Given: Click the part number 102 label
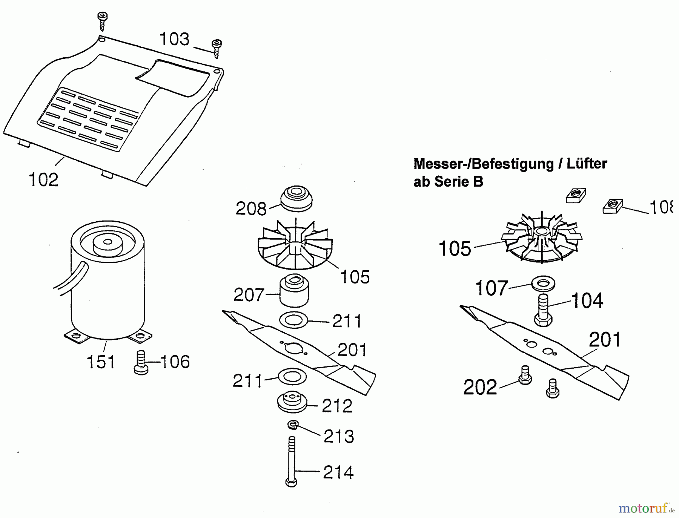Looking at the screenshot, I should (x=44, y=180).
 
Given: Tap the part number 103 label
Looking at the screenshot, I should (x=174, y=39).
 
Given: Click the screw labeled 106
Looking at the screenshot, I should (x=141, y=363).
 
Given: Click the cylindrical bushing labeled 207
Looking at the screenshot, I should (x=294, y=291).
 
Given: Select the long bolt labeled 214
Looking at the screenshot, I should (x=292, y=462).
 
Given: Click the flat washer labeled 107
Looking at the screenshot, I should (x=543, y=284).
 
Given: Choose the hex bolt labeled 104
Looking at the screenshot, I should (x=543, y=310).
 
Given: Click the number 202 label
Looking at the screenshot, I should (x=480, y=388).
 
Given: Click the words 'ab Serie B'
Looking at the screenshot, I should (x=448, y=182).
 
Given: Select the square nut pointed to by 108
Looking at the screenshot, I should (x=612, y=207).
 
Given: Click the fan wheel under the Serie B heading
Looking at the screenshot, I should (x=542, y=239).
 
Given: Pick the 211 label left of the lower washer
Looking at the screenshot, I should (x=247, y=381).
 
